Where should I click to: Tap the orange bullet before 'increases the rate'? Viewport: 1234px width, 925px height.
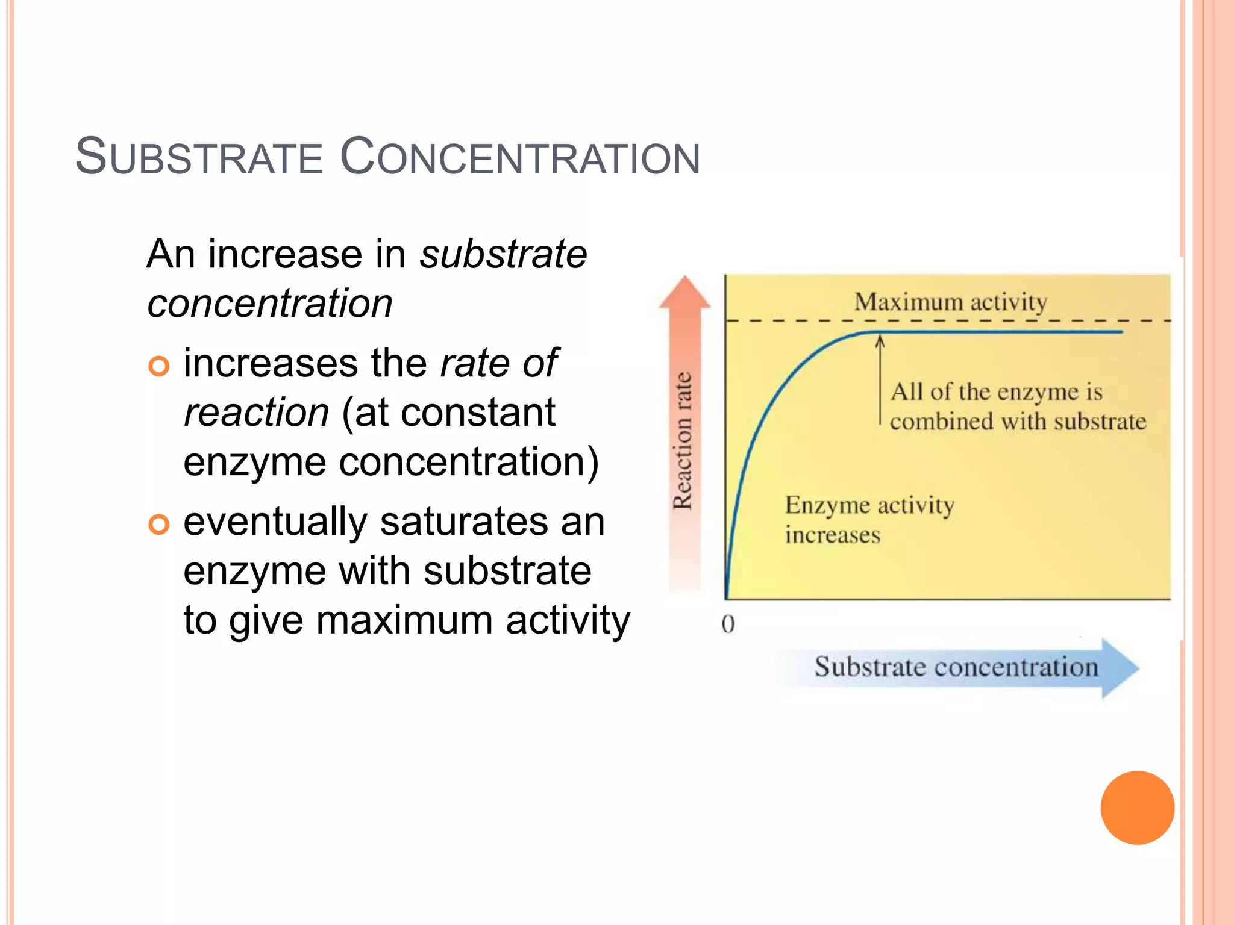tap(159, 366)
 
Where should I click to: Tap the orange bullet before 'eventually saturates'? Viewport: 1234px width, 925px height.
tap(159, 524)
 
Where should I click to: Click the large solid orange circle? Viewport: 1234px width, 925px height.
tap(1137, 808)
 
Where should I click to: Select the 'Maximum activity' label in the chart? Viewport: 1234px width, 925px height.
tap(950, 302)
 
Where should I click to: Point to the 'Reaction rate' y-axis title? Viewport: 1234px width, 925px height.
tap(683, 441)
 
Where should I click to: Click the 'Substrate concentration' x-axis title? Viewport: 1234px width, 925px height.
tap(956, 667)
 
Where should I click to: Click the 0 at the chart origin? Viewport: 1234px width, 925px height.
tap(728, 624)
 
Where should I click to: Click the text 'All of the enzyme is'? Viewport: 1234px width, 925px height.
tap(996, 392)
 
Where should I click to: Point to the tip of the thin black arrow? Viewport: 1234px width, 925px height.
tap(880, 338)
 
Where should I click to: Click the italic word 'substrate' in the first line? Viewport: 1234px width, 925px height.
tap(503, 254)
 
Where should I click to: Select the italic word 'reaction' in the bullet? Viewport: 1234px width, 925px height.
tap(257, 413)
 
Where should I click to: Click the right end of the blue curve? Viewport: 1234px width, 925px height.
tap(1121, 332)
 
